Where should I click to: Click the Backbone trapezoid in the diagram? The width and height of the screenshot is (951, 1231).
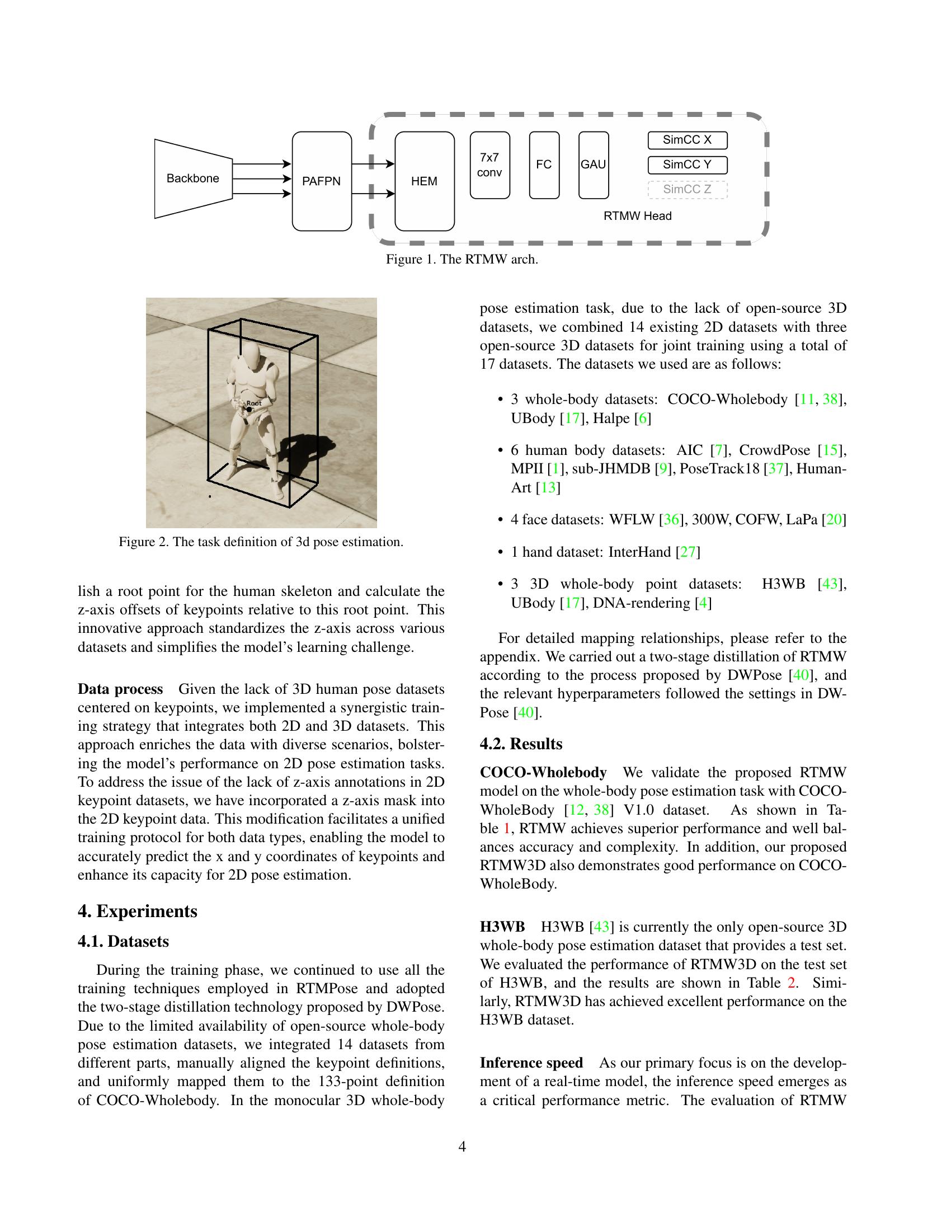pos(193,178)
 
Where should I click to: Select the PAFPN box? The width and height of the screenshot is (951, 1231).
pos(322,181)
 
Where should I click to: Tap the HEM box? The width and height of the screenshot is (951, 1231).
pos(425,181)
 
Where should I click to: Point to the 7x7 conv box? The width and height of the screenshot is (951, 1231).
pos(489,165)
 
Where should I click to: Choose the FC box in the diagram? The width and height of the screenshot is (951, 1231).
pos(544,165)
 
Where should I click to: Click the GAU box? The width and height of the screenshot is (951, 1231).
pos(594,165)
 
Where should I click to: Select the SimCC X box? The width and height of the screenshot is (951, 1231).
pos(688,140)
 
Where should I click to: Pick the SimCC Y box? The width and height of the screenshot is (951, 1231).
pos(688,165)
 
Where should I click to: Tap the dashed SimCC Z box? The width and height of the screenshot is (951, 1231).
pos(688,190)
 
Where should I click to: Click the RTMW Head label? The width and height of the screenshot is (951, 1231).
pos(638,216)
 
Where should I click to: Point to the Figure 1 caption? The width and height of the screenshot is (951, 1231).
pos(462,259)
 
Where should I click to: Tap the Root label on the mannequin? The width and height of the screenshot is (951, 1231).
pos(254,403)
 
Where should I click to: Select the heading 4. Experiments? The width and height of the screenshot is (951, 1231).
pos(138,911)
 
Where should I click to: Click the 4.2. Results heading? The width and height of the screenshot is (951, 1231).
pos(521,744)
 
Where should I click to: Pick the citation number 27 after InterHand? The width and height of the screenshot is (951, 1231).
pos(688,552)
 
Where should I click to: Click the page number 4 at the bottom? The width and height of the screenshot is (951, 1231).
pos(462,1147)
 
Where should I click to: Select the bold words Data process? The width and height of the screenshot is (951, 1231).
pos(120,689)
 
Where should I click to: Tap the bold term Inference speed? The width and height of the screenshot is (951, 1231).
pos(531,1063)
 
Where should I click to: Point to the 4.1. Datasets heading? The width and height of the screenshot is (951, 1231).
pos(124,942)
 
